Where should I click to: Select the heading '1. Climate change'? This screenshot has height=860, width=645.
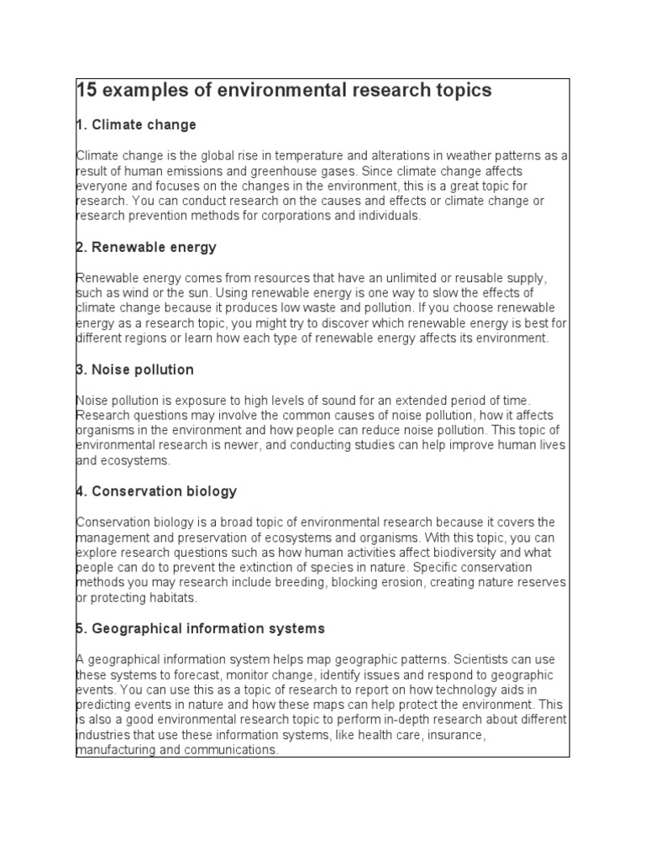[136, 125]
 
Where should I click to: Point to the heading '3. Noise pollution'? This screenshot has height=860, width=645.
[135, 370]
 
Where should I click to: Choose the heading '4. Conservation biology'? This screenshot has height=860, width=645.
[156, 491]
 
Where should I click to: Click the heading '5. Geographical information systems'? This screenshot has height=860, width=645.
[200, 628]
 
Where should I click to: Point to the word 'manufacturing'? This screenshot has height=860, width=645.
[114, 751]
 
